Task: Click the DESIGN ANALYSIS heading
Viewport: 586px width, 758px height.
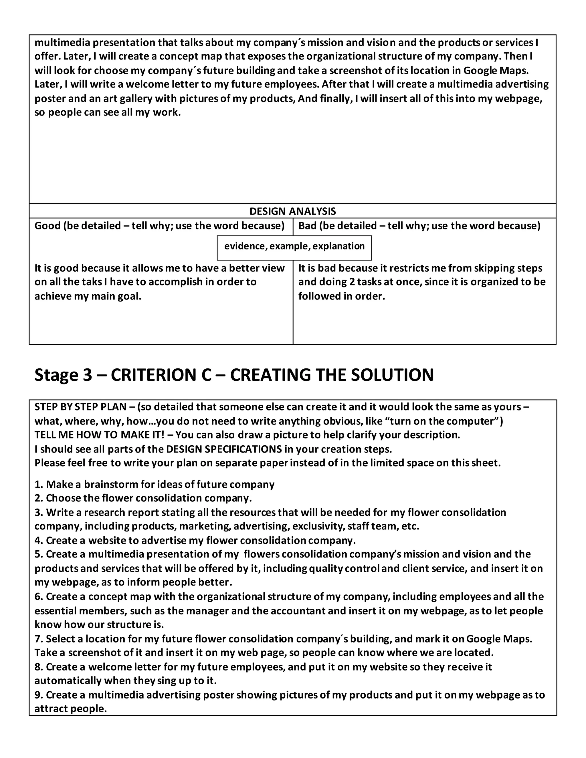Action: pyautogui.click(x=293, y=211)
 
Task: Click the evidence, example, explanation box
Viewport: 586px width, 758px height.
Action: pyautogui.click(x=294, y=246)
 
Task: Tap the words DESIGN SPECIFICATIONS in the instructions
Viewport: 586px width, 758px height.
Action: pyautogui.click(x=224, y=449)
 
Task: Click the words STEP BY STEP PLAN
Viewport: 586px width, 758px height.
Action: pyautogui.click(x=80, y=407)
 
